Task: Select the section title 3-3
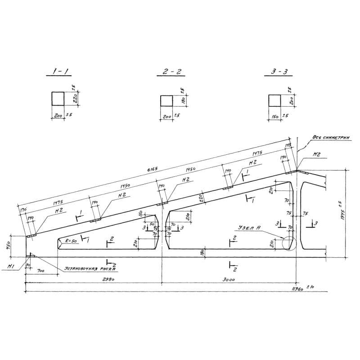click(275, 72)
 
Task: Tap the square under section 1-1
click(58, 98)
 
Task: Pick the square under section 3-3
click(274, 100)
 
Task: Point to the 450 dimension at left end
click(14, 246)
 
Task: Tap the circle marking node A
click(288, 243)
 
